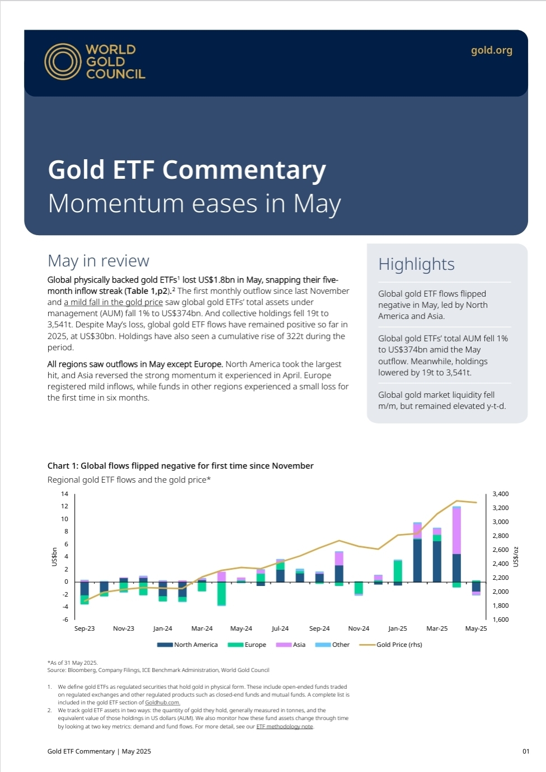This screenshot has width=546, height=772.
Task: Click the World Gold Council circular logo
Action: coord(63,61)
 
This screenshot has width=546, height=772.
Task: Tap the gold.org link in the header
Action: coord(491,50)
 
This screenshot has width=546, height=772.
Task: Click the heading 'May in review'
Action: coord(98,261)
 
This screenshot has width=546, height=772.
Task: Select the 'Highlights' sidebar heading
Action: coord(416,264)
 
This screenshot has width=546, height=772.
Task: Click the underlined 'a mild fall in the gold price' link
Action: coord(113,302)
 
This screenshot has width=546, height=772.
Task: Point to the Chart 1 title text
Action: coord(180,466)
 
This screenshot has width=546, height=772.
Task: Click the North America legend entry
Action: coord(188,645)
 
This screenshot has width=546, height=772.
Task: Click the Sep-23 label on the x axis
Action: coord(84,628)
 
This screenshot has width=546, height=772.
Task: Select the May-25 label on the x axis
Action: coord(476,628)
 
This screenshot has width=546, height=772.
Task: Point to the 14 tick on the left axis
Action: coord(64,494)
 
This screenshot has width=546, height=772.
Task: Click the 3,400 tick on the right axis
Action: coord(500,494)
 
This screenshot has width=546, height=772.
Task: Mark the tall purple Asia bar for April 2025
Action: coord(456,531)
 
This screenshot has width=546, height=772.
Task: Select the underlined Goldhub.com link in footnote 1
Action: coord(162,703)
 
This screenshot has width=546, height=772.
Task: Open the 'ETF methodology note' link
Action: coord(285,727)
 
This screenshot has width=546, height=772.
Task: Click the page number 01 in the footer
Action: coord(526,751)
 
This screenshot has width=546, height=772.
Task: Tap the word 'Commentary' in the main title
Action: coord(244,170)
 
